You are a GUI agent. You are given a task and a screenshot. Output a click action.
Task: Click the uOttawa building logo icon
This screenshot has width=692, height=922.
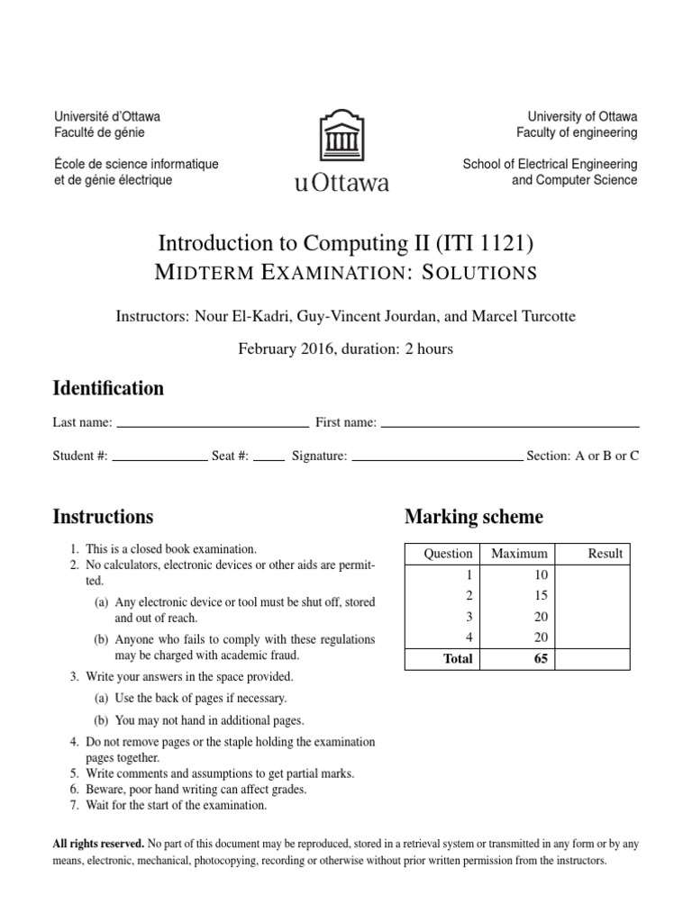341,136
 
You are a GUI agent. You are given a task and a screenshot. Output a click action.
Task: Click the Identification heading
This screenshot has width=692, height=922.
108,389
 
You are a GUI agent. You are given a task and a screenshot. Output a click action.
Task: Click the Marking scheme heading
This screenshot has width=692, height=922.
474,517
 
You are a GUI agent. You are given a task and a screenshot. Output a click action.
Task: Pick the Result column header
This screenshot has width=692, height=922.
605,554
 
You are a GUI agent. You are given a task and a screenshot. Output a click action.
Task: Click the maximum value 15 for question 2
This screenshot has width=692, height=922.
541,595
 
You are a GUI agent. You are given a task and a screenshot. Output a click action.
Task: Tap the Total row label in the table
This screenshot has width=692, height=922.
458,659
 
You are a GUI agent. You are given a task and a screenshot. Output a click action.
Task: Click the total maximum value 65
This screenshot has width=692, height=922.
541,659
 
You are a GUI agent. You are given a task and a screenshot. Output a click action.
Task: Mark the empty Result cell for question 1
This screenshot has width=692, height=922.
594,574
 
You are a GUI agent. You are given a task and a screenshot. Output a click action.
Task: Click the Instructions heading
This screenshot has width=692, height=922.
103,517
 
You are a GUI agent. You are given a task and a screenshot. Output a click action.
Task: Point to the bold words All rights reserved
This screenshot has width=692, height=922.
98,844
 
